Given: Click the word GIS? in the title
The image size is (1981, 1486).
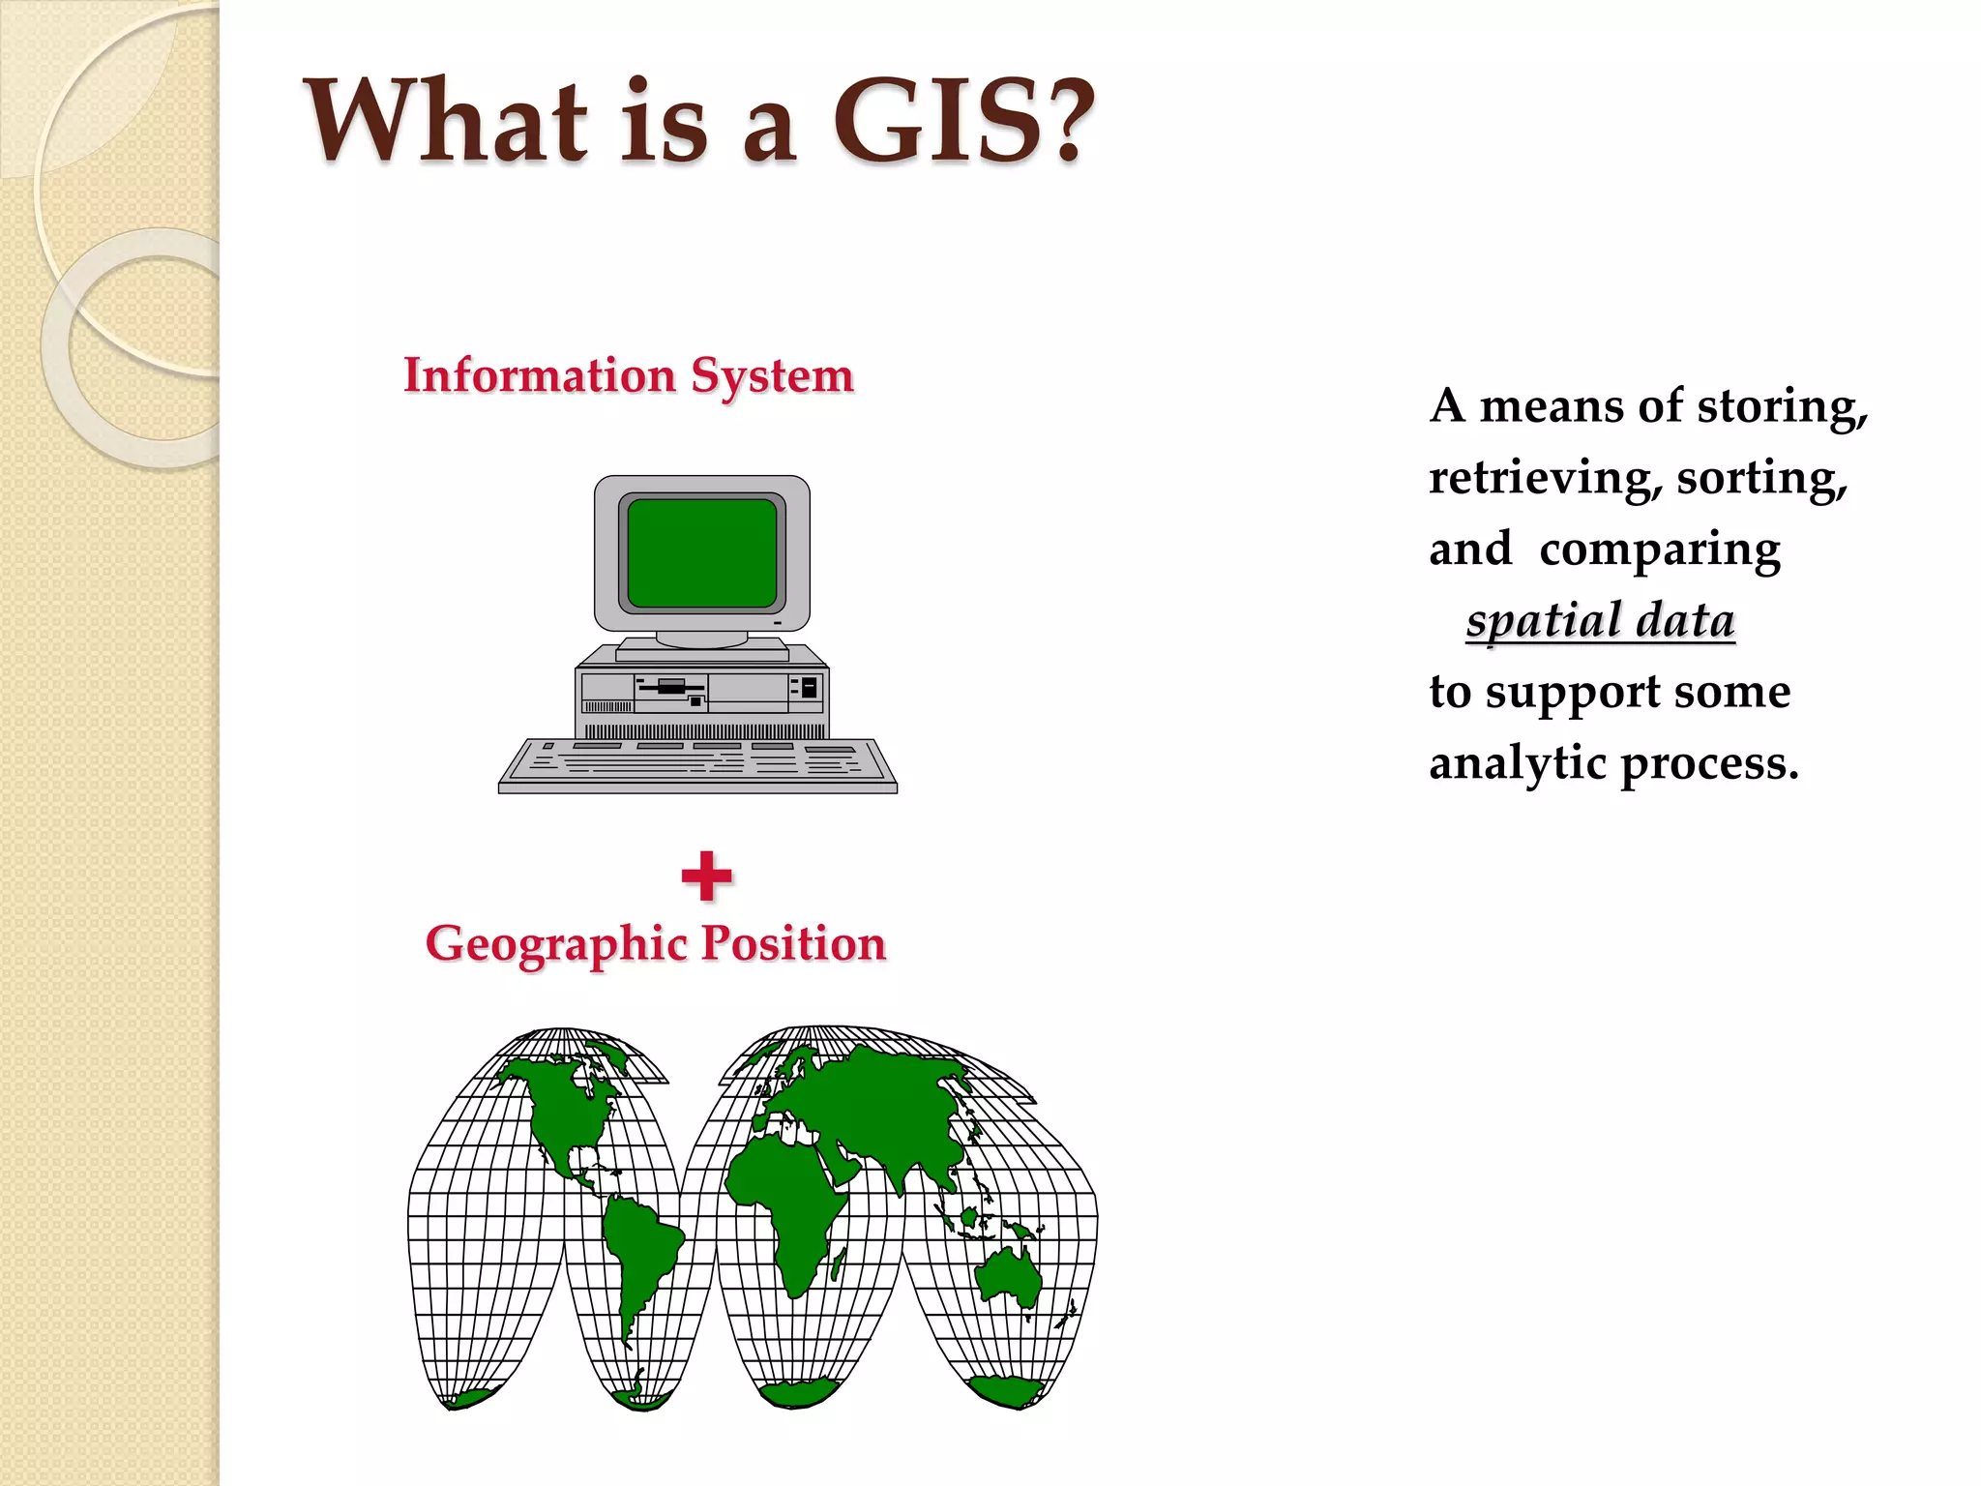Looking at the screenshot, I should [x=962, y=121].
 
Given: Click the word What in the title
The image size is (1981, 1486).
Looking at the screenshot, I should [x=446, y=121].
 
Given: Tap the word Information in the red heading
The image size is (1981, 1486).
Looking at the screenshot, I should [x=539, y=374].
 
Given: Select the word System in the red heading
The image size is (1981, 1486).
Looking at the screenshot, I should [x=772, y=376].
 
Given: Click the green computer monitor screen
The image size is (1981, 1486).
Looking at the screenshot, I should [x=701, y=553].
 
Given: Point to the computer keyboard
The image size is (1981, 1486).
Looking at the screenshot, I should [x=697, y=764].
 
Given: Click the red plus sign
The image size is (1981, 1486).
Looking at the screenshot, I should [x=707, y=876].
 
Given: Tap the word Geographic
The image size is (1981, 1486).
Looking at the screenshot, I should [x=558, y=944].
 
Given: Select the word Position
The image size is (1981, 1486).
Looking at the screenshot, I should [x=793, y=942].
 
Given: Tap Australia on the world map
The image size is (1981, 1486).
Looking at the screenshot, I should [x=1008, y=1275].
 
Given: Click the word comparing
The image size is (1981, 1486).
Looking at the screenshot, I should [x=1660, y=550].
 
